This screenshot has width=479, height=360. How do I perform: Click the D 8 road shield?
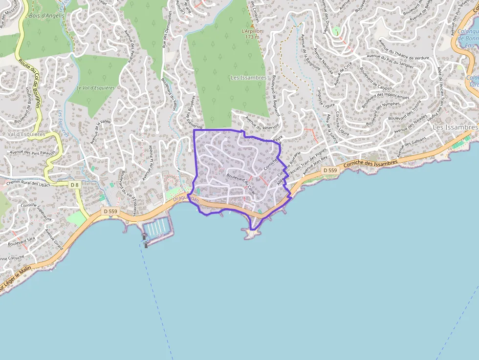coord(74,185)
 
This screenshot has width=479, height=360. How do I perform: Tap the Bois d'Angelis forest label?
coord(47,16)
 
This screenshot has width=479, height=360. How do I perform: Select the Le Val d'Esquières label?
coord(95,88)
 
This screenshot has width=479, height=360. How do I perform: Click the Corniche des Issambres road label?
coord(370,163)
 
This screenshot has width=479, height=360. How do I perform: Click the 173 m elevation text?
coord(252,37)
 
